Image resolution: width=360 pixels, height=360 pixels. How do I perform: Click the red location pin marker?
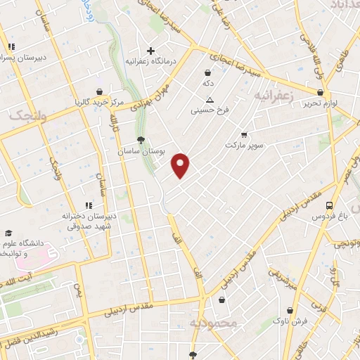tap(181, 166)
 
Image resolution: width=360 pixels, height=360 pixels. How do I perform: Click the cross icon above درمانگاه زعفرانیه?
tap(150, 51)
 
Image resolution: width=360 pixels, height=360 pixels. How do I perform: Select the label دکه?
tap(207, 83)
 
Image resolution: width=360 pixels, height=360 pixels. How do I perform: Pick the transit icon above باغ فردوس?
tap(329, 205)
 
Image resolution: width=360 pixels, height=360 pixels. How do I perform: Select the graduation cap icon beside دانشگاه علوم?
tap(8, 233)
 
